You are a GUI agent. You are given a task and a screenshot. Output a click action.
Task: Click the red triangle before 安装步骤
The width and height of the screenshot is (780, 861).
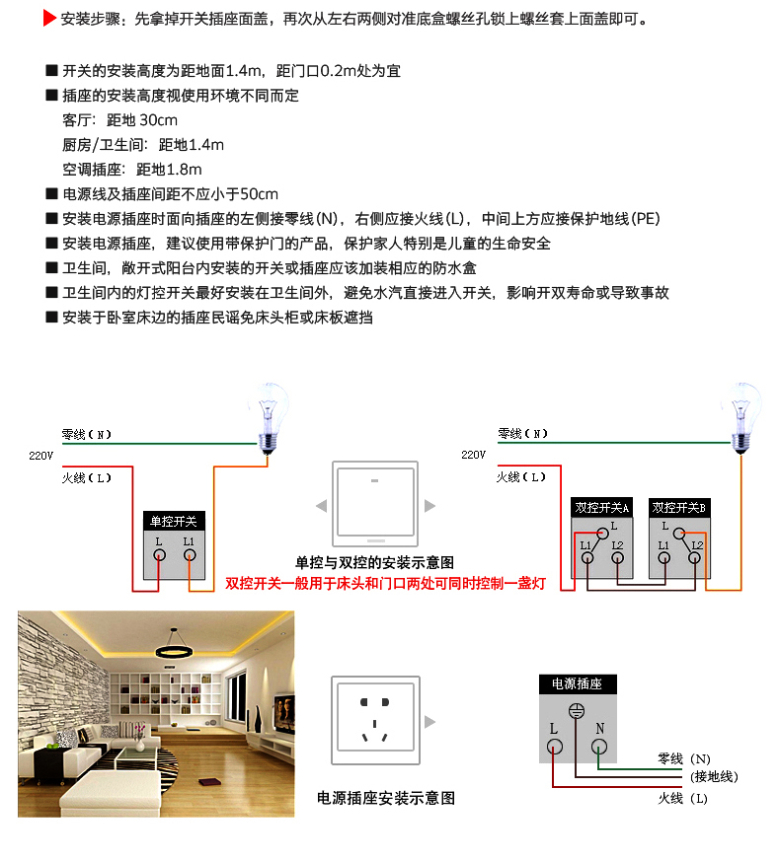pos(49,19)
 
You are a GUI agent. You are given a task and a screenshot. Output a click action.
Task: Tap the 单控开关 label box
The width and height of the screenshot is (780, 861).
pos(174,521)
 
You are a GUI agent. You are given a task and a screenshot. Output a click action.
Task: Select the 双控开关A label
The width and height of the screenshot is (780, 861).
pos(601,508)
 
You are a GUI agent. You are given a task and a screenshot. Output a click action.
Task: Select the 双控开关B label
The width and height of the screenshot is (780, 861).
pos(679,508)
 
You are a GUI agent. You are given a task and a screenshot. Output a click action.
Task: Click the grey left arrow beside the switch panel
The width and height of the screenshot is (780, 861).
pos(321,506)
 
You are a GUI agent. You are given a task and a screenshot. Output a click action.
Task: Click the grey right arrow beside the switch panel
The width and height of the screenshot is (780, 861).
pos(429,506)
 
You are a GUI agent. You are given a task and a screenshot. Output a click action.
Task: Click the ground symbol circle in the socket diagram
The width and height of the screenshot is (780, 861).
pos(578,711)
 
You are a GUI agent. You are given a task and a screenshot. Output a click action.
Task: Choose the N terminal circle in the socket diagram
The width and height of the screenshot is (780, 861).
pos(599,746)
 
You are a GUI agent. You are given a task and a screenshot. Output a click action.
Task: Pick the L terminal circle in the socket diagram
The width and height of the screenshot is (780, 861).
pos(555,746)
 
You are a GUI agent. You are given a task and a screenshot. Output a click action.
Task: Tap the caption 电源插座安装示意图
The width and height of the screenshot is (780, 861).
pos(386,798)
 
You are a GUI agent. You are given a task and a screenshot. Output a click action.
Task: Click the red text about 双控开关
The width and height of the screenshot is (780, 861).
pos(385,584)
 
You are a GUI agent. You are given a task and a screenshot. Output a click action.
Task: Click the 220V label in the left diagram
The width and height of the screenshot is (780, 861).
pos(40,455)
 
